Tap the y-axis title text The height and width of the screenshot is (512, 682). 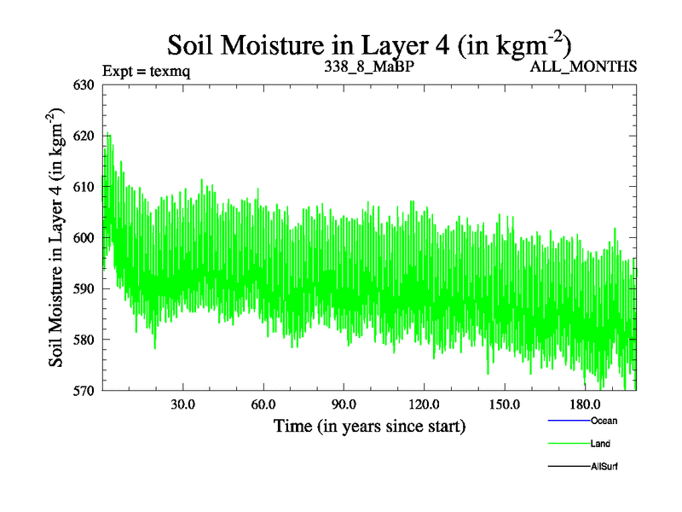point(57,238)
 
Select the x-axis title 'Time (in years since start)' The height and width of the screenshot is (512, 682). point(369,425)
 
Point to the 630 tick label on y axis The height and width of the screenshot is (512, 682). point(85,84)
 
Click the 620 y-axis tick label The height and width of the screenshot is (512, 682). point(85,136)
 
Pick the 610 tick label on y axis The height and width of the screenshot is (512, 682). point(85,186)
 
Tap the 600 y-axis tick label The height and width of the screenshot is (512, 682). point(85,237)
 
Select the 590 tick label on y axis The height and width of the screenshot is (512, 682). point(85,288)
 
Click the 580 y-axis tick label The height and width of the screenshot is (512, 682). point(85,340)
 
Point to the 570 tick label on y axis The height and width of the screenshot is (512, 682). point(85,391)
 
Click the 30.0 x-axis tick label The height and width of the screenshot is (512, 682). point(182,404)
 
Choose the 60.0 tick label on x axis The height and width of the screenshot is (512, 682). point(263,404)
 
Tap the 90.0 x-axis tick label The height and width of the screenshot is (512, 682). point(344,404)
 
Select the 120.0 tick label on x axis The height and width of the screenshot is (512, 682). point(424,404)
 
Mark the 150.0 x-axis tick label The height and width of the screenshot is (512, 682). point(505,404)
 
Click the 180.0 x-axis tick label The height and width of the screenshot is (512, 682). point(585,404)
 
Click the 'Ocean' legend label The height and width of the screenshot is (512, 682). point(604,421)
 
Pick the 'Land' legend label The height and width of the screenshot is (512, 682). point(600,444)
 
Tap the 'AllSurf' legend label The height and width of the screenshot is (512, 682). point(604,467)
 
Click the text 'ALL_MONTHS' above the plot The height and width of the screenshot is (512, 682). point(583,67)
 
